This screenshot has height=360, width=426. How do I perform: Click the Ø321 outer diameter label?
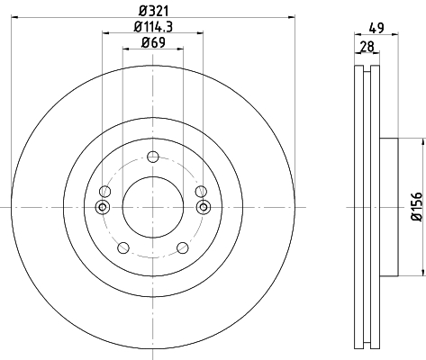[x=153, y=11]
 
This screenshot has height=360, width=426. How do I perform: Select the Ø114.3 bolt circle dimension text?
[x=153, y=27]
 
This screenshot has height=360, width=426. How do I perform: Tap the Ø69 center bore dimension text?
[x=153, y=42]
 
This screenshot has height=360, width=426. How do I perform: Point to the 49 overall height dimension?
[x=376, y=28]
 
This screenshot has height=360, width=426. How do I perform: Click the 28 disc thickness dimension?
[x=367, y=47]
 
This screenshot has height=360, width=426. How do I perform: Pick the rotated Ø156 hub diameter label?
[x=417, y=207]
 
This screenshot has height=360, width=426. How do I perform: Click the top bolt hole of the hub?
[x=153, y=157]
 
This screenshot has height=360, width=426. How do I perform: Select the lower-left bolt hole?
[x=123, y=247]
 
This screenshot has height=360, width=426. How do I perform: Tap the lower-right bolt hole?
[x=183, y=247]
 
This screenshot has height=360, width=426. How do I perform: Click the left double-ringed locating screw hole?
[x=103, y=207]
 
